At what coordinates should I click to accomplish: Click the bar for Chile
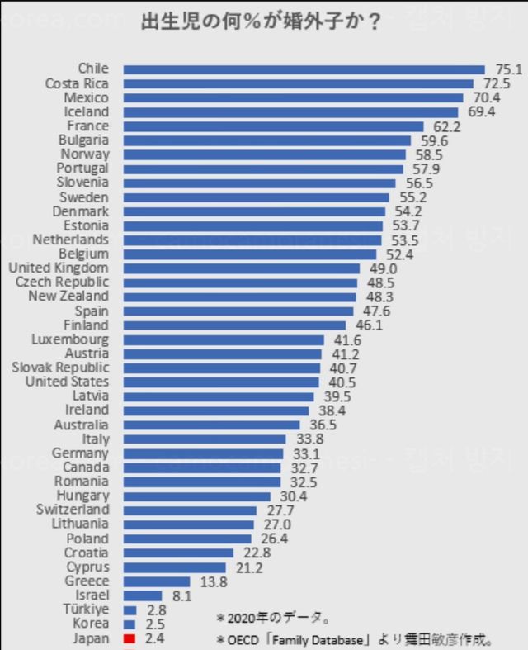pos(304,69)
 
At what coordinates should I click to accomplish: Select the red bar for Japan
pos(129,638)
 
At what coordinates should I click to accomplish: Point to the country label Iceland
pos(86,111)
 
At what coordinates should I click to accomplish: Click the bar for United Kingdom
pos(242,268)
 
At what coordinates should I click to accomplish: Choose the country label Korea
pos(91,624)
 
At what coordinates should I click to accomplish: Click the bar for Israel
pos(143,595)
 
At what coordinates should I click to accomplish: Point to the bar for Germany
pos(203,453)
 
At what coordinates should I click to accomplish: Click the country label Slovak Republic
pos(60,368)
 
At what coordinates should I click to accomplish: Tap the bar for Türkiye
pos(130,610)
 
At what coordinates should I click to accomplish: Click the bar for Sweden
pos(256,197)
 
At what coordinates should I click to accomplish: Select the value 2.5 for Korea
pos(153,624)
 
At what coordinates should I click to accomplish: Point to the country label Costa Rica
pos(77,83)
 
